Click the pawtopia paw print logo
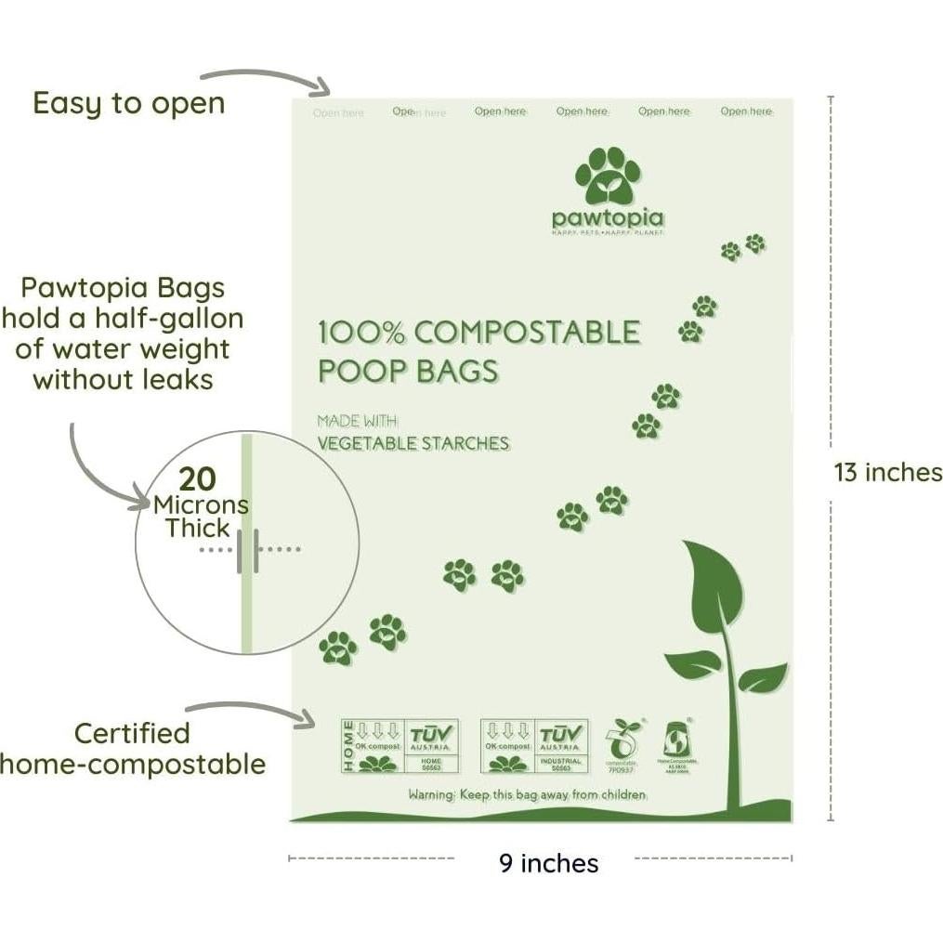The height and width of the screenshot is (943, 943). pyautogui.click(x=608, y=176)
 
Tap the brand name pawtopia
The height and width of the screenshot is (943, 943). pyautogui.click(x=608, y=218)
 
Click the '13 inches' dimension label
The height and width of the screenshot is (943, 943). pyautogui.click(x=887, y=472)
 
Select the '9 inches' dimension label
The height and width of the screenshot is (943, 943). pyautogui.click(x=548, y=863)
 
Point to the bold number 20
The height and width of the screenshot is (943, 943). pyautogui.click(x=197, y=479)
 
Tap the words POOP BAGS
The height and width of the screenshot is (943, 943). pyautogui.click(x=408, y=370)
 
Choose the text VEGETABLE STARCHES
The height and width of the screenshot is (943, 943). pyautogui.click(x=413, y=443)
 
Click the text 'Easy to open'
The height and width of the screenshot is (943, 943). pyautogui.click(x=129, y=103)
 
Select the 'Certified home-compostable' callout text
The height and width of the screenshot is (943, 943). pyautogui.click(x=133, y=749)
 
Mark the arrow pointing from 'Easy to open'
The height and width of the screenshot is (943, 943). pyautogui.click(x=269, y=78)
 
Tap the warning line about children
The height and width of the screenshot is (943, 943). pyautogui.click(x=527, y=795)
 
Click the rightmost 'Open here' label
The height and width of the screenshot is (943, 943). pyautogui.click(x=746, y=111)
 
